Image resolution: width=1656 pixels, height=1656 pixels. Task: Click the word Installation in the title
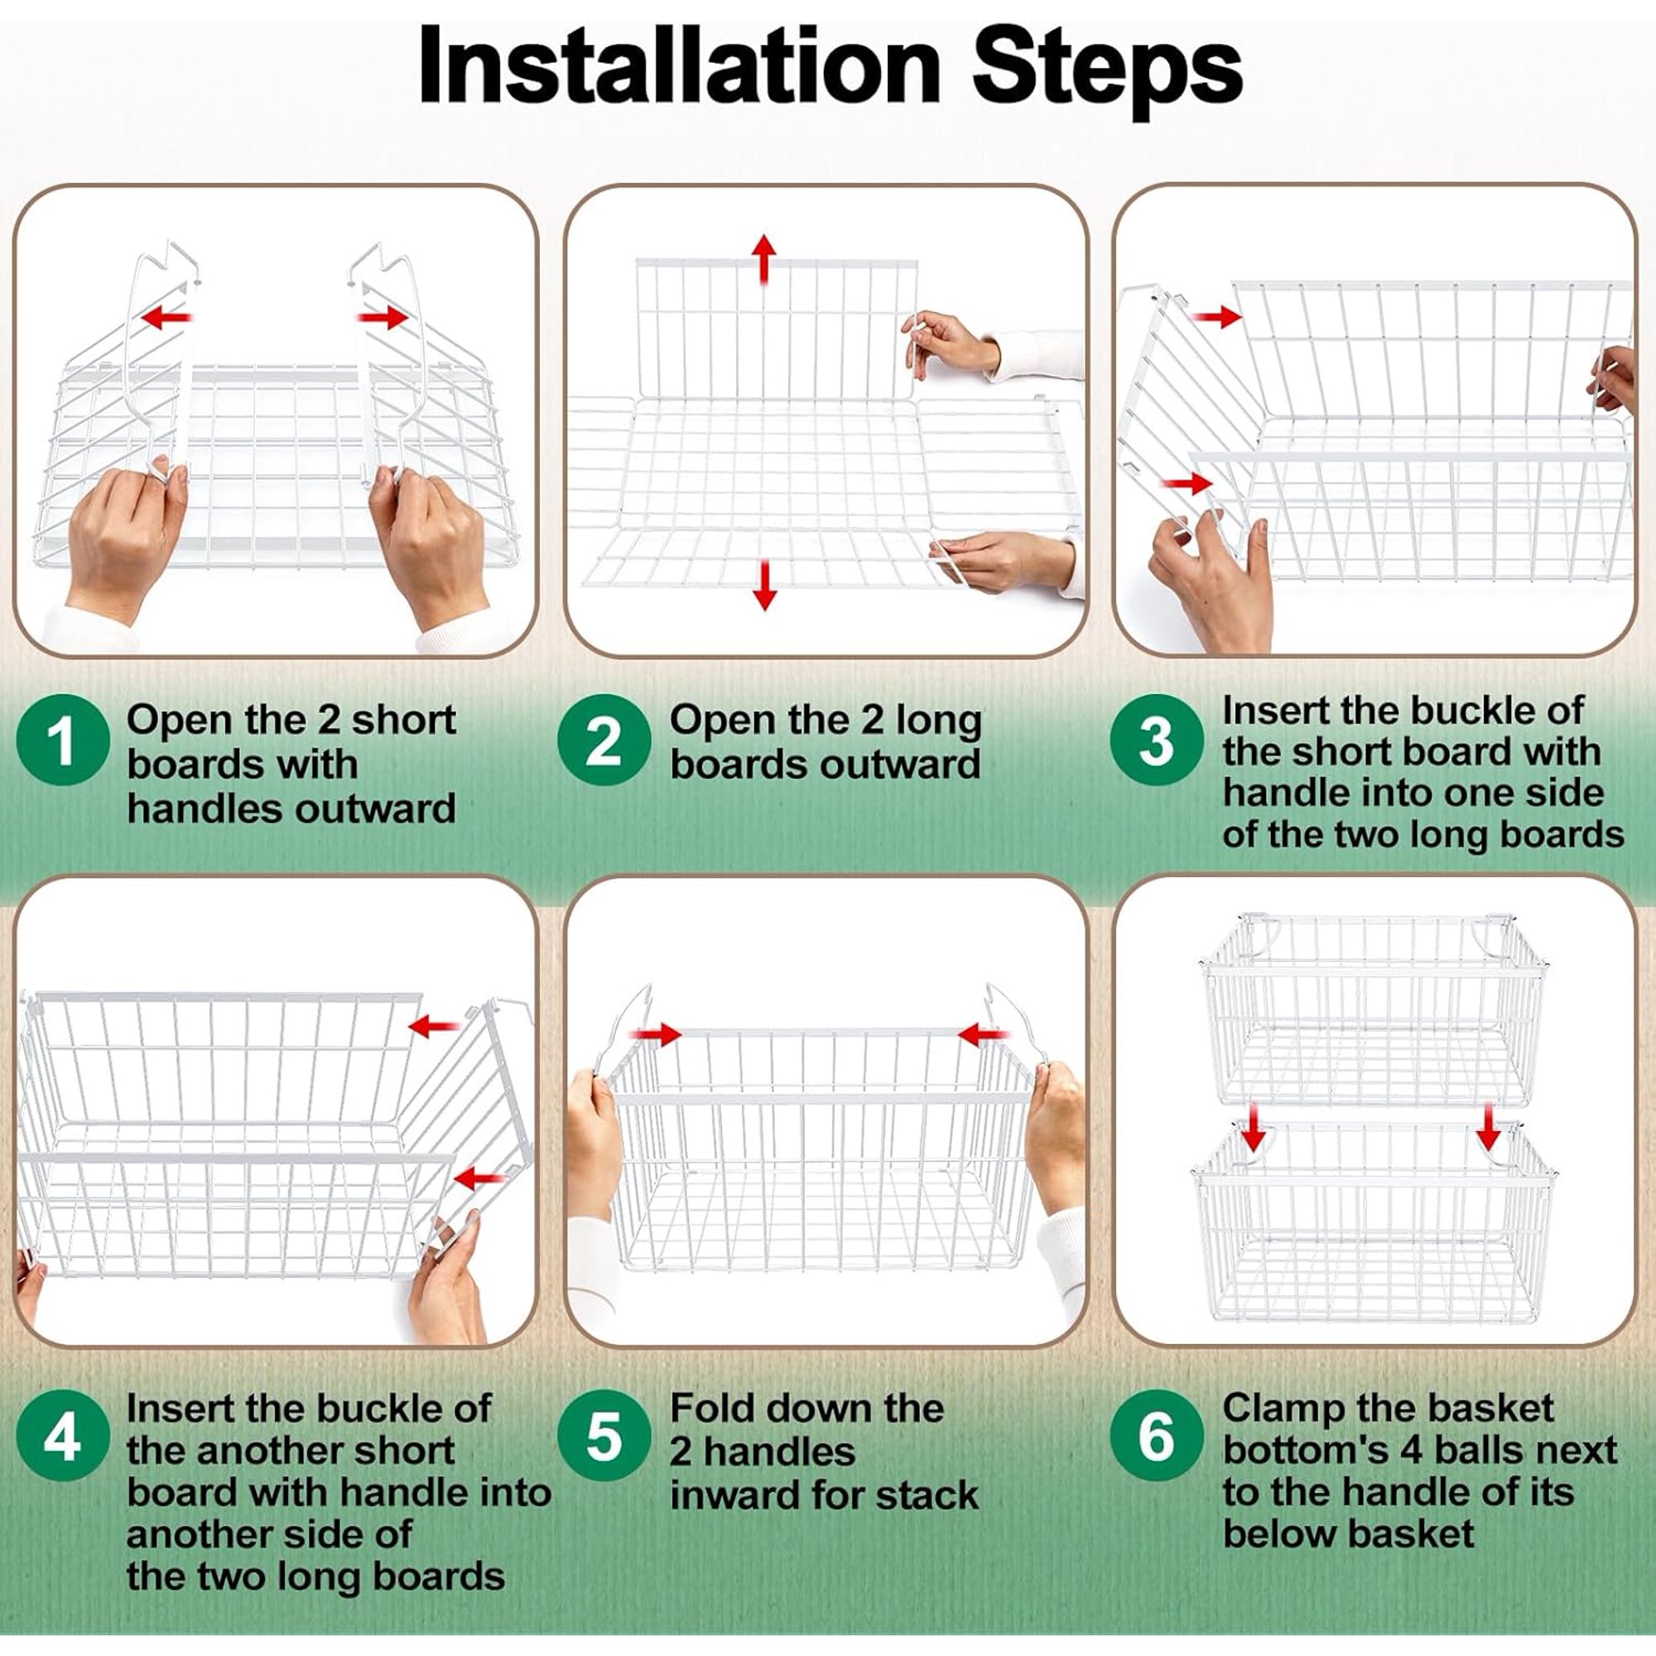coord(680,68)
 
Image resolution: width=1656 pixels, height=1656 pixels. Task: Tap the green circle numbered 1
coord(63,740)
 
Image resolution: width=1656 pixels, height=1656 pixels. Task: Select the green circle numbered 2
coord(604,740)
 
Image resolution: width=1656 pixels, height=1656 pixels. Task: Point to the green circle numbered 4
coord(63,1437)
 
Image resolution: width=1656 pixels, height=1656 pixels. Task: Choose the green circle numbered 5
coord(604,1437)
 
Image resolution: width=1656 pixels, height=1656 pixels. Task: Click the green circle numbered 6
coord(1155,1437)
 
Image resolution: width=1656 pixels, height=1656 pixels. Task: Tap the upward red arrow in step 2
coord(763,259)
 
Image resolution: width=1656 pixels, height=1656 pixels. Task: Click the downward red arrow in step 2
coord(763,585)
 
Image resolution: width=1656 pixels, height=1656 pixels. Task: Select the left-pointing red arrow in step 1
coord(166,318)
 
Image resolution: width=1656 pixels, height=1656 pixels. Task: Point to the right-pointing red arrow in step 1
coord(383,318)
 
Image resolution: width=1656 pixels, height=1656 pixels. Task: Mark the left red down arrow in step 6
coord(1254,1129)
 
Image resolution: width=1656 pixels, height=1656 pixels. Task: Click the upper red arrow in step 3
coord(1216,317)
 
